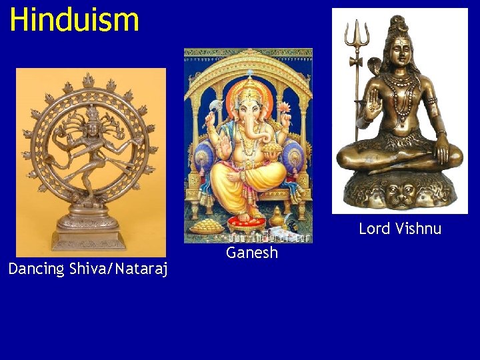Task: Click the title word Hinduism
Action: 74,19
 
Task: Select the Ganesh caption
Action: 251,253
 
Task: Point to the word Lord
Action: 374,229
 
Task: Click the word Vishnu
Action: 418,229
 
